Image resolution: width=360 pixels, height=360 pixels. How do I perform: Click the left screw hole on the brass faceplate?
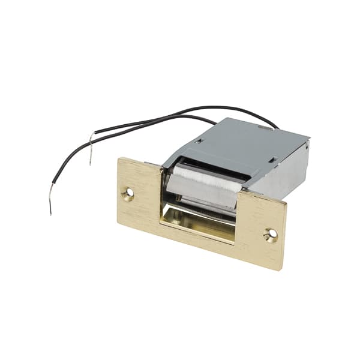click(x=128, y=193)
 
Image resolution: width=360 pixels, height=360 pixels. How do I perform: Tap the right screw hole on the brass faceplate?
click(x=270, y=235)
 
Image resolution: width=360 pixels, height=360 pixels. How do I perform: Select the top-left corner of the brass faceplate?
click(x=120, y=158)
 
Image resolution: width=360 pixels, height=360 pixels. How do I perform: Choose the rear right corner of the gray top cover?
click(x=308, y=139)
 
